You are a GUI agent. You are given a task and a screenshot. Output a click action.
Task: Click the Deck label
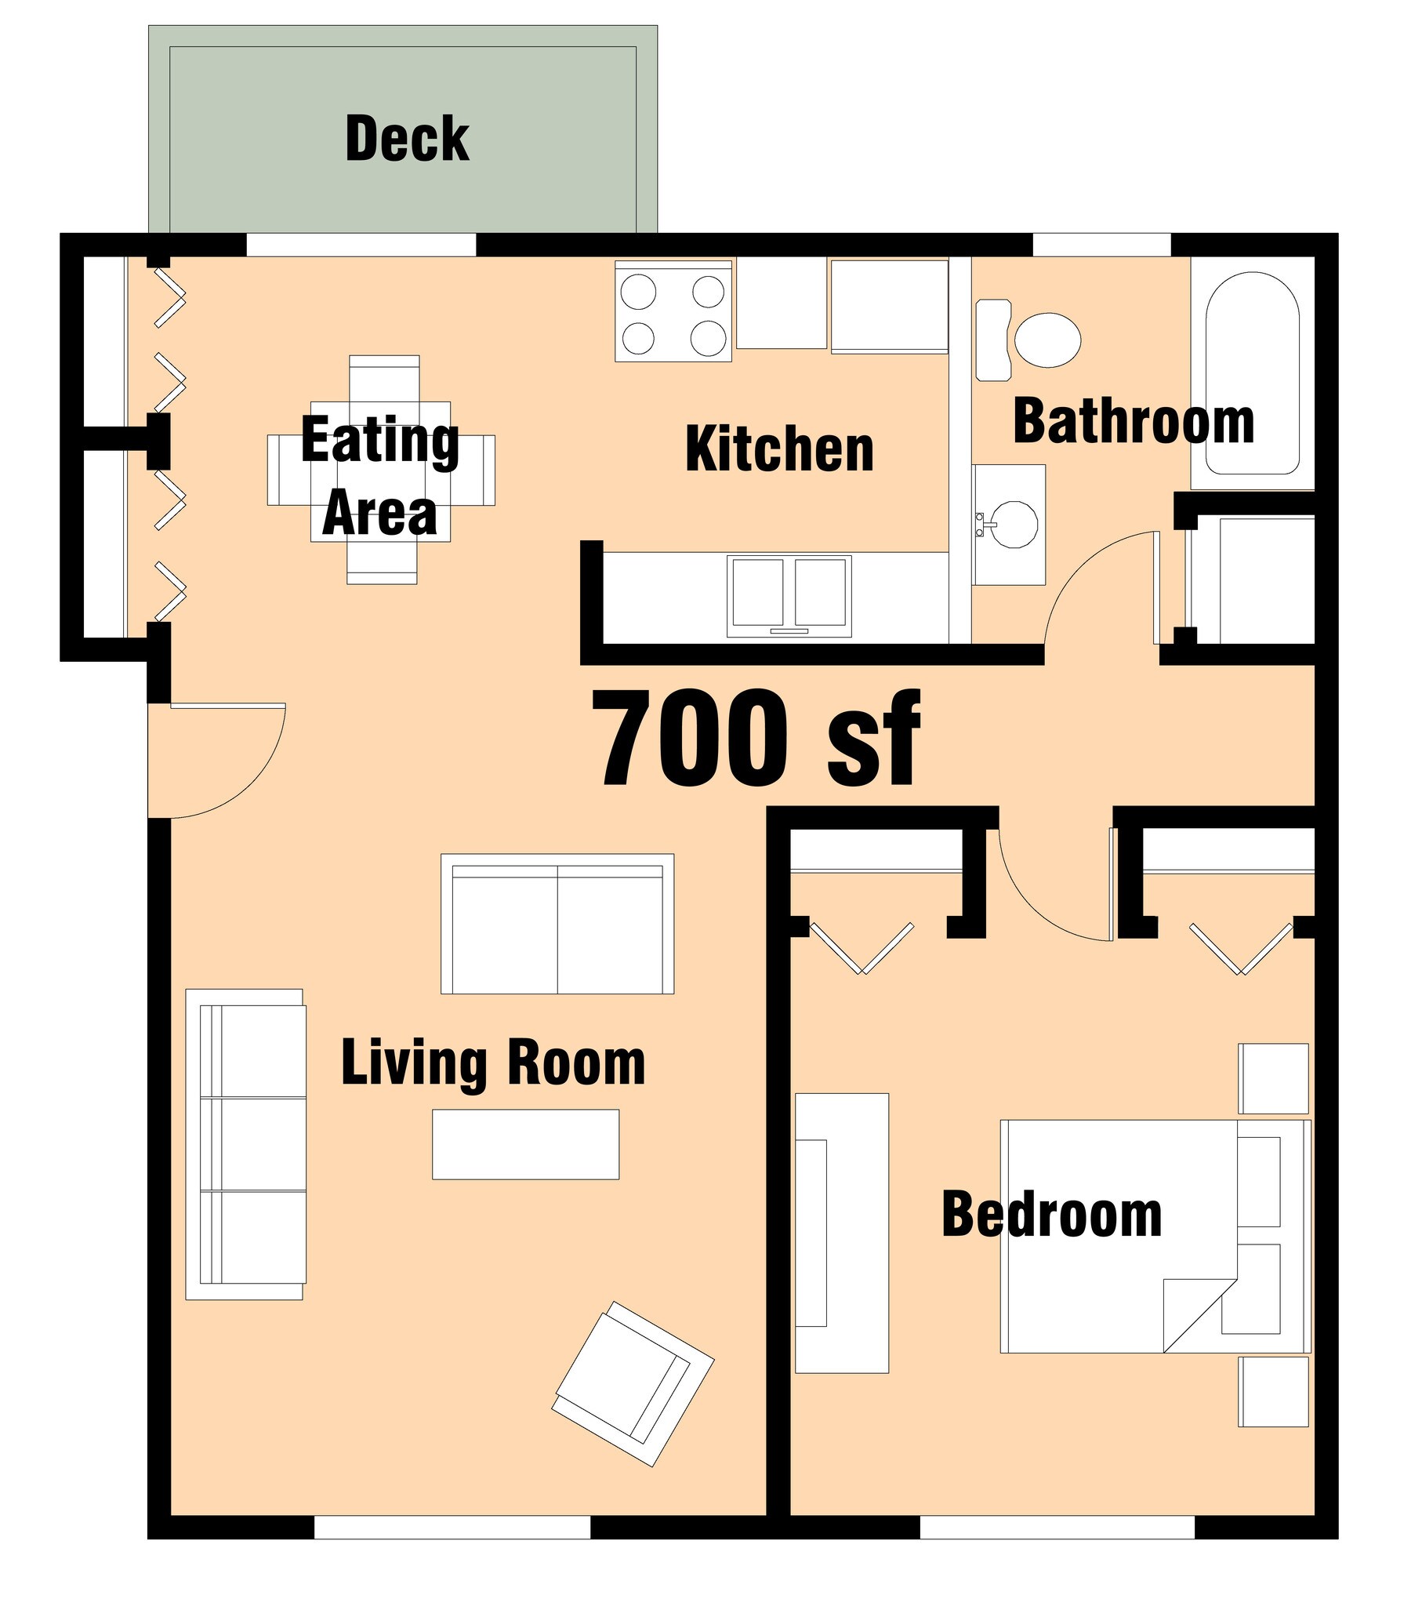[x=407, y=139]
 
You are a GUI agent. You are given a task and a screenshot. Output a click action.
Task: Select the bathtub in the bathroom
[x=1253, y=373]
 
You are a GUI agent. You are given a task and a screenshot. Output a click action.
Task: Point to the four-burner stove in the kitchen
[x=673, y=312]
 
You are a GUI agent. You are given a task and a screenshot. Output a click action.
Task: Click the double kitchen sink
[x=789, y=595]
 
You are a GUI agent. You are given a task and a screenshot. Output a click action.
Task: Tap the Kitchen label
[x=779, y=449]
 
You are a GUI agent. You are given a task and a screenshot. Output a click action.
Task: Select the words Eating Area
[x=379, y=476]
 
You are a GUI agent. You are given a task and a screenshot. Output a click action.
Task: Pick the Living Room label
[x=493, y=1063]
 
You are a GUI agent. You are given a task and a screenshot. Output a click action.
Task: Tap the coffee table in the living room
[x=525, y=1144]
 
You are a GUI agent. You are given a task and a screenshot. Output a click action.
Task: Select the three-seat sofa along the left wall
[x=245, y=1144]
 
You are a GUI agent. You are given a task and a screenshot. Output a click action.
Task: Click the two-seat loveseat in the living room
[x=557, y=923]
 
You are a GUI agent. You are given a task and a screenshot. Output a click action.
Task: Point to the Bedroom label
[x=1052, y=1215]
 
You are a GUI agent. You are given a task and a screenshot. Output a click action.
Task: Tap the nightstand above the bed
[x=1274, y=1079]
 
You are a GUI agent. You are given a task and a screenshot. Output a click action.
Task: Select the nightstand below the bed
[x=1274, y=1391]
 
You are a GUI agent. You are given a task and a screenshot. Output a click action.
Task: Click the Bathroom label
[x=1134, y=422]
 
